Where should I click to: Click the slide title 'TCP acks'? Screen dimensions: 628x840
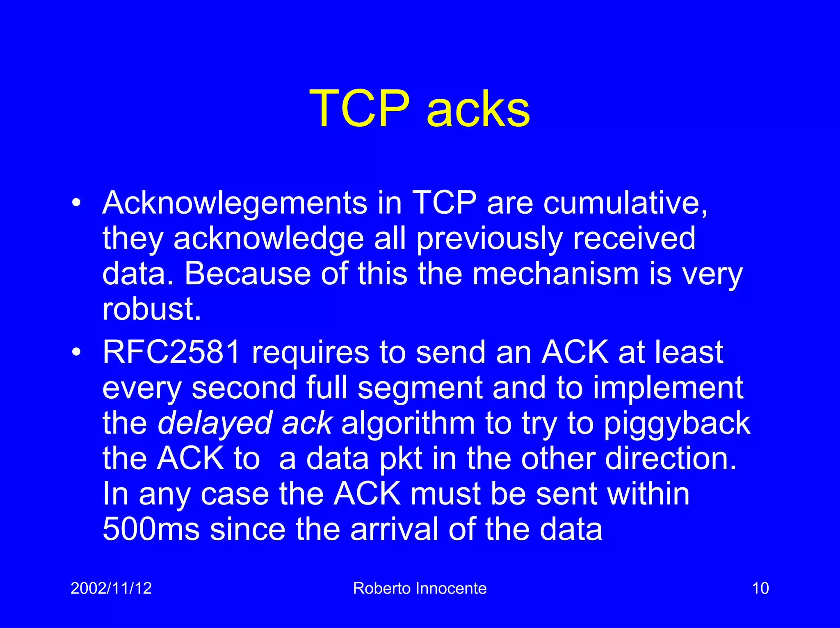[x=420, y=109]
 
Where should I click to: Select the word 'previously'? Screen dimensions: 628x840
[x=489, y=239]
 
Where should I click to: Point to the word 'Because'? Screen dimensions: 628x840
[x=247, y=274]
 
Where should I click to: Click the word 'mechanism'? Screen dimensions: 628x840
[x=556, y=274]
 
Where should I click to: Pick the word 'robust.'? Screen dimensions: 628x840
[x=152, y=309]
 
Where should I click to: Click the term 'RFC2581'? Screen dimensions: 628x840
[x=171, y=352]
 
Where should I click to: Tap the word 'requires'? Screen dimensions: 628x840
[x=310, y=352]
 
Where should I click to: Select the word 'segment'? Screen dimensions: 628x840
[x=420, y=388]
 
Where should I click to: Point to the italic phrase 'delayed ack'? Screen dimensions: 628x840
[x=244, y=423]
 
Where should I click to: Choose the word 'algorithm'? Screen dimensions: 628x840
[x=408, y=423]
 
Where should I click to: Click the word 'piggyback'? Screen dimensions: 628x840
[x=677, y=423]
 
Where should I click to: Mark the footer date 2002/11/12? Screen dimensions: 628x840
[x=111, y=588]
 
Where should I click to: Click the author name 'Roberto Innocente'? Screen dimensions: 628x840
[x=420, y=588]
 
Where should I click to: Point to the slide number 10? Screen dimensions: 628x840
[x=760, y=588]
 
